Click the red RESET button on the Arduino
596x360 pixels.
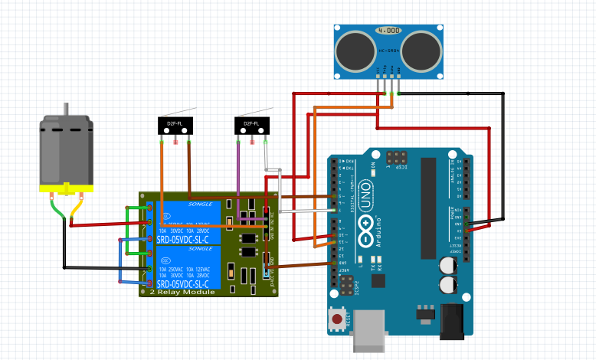tap(336, 318)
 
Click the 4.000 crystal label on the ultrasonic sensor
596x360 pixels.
tap(389, 31)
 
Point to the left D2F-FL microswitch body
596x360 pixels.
tap(175, 124)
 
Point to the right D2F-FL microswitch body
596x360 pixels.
tap(251, 124)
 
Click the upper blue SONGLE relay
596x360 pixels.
tap(188, 223)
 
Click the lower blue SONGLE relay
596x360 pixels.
tap(188, 267)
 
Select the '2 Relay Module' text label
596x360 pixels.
tap(182, 292)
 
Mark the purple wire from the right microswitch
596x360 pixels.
tap(238, 176)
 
